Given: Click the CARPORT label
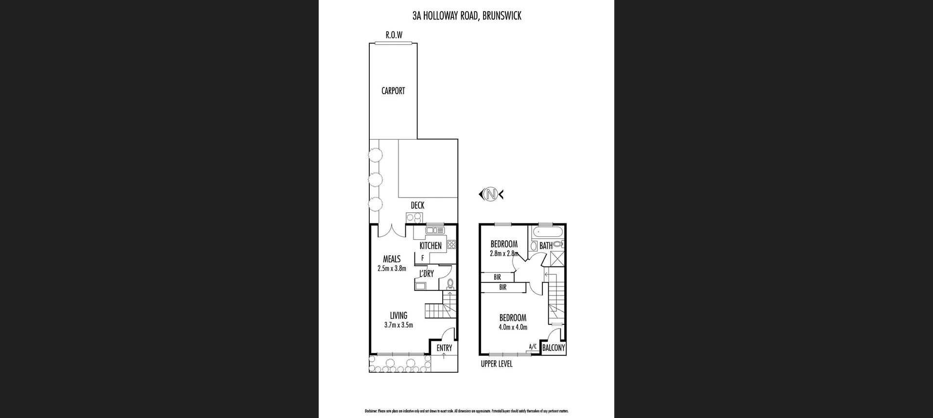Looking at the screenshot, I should click(393, 91).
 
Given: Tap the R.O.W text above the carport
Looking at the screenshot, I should click(394, 35).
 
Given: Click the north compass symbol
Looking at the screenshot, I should click(491, 195).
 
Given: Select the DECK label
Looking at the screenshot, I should click(417, 205).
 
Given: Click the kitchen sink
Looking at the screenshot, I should click(435, 231).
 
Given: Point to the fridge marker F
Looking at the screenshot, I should click(423, 258).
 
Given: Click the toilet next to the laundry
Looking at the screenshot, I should click(450, 283).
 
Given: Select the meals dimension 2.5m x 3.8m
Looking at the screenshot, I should click(392, 268).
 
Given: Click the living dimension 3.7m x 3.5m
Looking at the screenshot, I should click(398, 325).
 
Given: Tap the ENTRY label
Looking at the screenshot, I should click(444, 348).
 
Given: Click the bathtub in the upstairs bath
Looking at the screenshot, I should click(547, 232).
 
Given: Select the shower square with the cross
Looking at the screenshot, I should click(557, 258).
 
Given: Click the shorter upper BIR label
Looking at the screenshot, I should click(497, 277).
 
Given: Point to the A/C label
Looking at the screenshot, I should click(533, 346).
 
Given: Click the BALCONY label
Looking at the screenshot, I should click(553, 348).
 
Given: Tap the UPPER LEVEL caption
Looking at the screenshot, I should click(497, 364).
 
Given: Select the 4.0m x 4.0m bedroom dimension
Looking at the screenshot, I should click(513, 327).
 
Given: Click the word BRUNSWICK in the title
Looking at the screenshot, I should click(502, 16).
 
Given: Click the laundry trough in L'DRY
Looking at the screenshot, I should click(420, 286).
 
